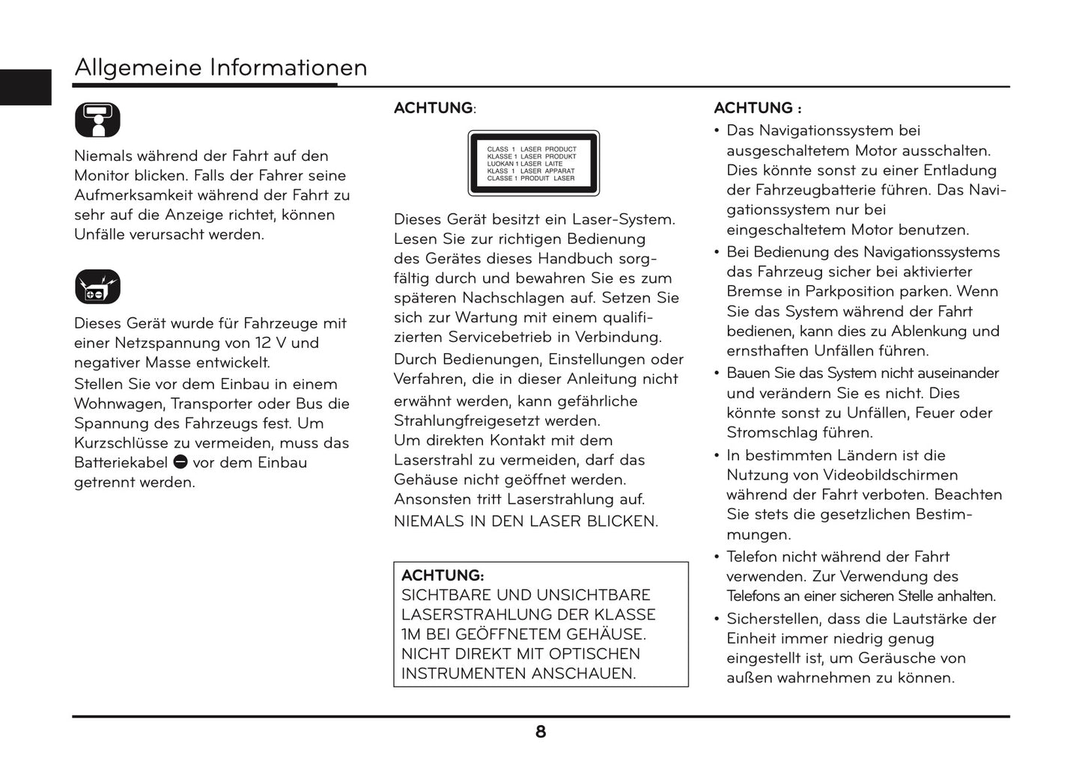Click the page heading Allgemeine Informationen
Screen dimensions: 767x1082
(x=220, y=68)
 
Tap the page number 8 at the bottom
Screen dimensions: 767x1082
(x=541, y=732)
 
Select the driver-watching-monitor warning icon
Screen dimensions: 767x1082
(x=97, y=120)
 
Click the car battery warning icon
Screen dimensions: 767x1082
(x=97, y=287)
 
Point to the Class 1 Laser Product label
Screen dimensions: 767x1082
(x=533, y=163)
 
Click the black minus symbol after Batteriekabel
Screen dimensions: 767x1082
(x=180, y=462)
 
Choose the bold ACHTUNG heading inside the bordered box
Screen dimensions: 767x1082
(x=443, y=575)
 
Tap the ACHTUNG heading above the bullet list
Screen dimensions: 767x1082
(x=757, y=108)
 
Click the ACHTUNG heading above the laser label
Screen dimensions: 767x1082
(x=434, y=108)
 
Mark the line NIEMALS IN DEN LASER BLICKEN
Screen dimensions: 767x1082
(x=526, y=522)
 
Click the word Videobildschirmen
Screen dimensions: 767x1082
(x=890, y=474)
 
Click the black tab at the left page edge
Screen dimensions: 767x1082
(x=25, y=87)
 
